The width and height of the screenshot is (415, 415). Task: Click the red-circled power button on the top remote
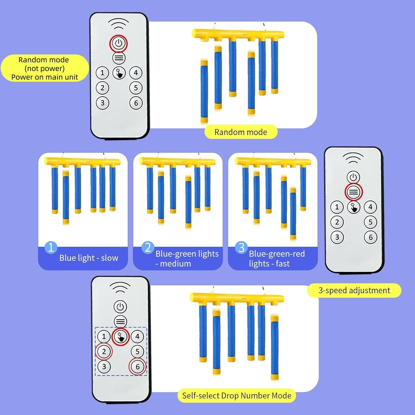(118, 43)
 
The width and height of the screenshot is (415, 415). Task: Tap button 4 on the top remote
(136, 73)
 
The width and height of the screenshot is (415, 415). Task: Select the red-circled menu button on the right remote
(353, 192)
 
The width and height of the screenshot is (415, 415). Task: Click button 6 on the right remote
(370, 237)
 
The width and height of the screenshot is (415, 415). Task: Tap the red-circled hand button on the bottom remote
(121, 337)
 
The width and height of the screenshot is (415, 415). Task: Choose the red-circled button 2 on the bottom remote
(104, 352)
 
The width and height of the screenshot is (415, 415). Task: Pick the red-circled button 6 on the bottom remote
(138, 367)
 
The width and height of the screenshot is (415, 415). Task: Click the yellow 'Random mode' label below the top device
(241, 132)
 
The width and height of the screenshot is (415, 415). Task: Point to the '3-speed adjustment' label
(354, 290)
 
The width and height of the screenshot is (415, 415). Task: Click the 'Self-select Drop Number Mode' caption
(237, 396)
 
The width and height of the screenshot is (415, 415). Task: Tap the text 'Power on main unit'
(45, 77)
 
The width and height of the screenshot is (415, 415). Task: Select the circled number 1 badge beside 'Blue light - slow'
(51, 247)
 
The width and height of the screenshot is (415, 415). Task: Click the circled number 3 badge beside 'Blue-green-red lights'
(241, 248)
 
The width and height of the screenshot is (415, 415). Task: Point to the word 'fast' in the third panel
(283, 264)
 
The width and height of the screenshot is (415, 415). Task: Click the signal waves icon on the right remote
(353, 159)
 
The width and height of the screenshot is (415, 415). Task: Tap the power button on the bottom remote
(120, 307)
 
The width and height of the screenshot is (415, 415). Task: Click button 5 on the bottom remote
(138, 352)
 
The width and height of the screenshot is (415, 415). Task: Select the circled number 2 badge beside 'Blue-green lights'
(148, 247)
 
